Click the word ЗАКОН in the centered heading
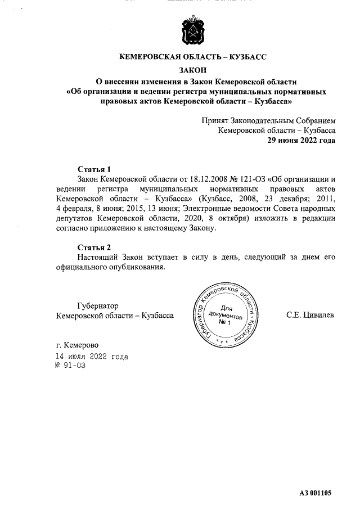click(x=192, y=70)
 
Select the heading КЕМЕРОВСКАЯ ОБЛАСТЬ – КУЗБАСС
click(x=192, y=57)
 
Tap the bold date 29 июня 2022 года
click(x=301, y=141)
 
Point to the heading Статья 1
click(x=94, y=169)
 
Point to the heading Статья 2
click(x=94, y=247)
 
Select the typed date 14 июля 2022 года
click(x=91, y=357)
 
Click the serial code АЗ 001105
click(x=316, y=493)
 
